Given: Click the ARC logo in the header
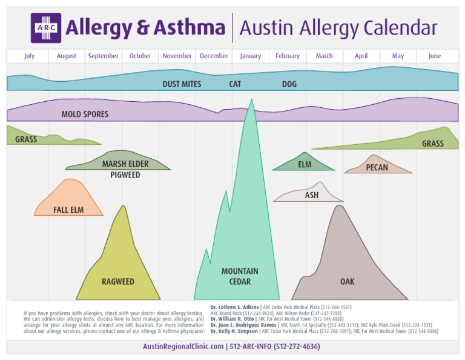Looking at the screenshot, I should (46, 28).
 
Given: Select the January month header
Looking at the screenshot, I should (251, 56).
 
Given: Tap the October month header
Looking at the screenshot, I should (140, 56).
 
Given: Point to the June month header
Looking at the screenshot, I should (435, 56).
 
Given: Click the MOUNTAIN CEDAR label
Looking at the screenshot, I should (240, 276).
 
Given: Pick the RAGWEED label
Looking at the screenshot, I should (118, 282).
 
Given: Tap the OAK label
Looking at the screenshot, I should (348, 282).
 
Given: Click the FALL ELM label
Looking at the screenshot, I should (68, 210).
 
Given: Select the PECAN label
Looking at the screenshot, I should (377, 168).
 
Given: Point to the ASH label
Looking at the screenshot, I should (312, 196).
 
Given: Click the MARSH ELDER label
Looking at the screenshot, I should (125, 164).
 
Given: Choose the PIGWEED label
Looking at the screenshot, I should (125, 175).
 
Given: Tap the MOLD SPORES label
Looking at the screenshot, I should (85, 114).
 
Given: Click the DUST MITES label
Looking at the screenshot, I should (182, 84).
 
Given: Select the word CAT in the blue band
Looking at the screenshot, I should (235, 84).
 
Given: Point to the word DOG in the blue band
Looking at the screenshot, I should (289, 84).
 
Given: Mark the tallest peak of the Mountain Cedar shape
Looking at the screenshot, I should (251, 101).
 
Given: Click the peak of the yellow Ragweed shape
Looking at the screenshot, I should (124, 207).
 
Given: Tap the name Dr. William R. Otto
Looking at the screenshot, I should (232, 319).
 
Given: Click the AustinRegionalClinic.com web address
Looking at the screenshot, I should (183, 347).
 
